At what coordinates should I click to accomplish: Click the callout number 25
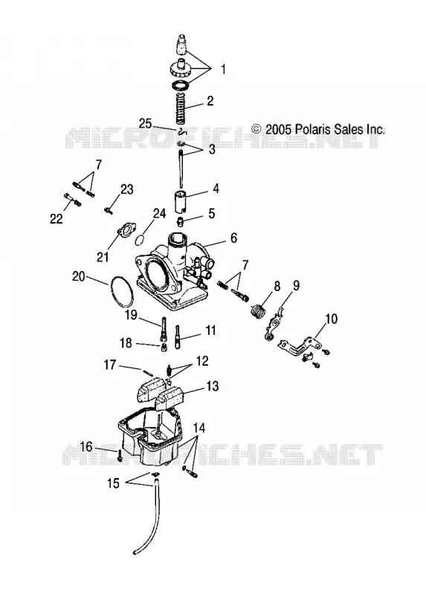pos(145,123)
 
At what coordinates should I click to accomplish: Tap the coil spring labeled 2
pos(184,107)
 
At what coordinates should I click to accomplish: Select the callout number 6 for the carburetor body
pos(233,238)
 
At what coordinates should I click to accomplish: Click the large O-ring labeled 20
pos(121,291)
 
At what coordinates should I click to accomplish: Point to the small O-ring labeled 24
pos(140,240)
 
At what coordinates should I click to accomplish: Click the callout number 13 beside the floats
pos(213,386)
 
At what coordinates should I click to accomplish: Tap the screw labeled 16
pos(120,455)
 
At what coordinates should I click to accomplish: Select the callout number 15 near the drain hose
pos(114,483)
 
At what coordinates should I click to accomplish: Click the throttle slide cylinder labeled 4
pos(181,202)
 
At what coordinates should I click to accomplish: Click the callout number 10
pos(331,319)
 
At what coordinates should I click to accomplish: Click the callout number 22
pos(57,218)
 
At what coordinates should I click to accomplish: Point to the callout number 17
pos(109,365)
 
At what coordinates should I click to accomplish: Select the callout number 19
pos(131,315)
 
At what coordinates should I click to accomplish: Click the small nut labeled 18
pos(164,347)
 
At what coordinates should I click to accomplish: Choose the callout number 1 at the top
pos(224,69)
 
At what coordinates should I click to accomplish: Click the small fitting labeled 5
pos(181,221)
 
